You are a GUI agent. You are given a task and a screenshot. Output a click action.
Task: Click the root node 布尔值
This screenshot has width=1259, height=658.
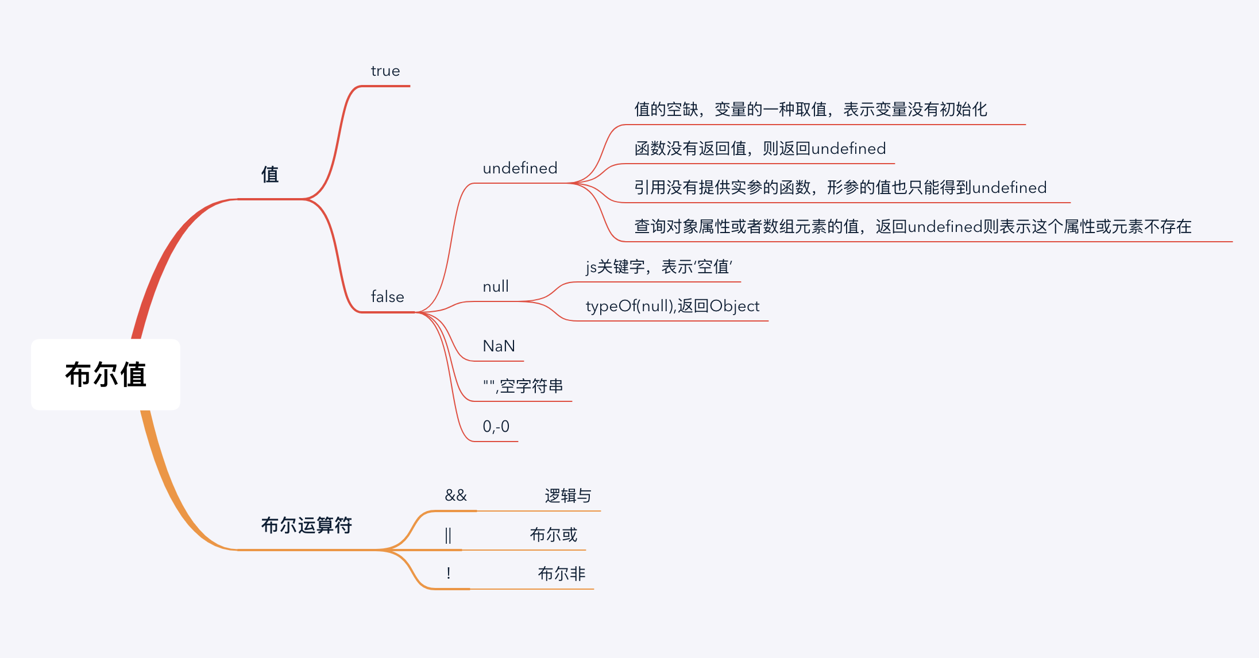[106, 374]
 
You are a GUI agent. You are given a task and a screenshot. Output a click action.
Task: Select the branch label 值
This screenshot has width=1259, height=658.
[270, 175]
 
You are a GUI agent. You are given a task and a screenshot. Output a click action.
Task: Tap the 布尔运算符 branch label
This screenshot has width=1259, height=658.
[306, 525]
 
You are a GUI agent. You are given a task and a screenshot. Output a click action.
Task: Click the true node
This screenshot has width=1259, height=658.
[385, 71]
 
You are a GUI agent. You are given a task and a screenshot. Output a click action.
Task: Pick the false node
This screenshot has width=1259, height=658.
[388, 297]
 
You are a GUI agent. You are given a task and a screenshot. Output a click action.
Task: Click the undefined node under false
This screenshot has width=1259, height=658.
[520, 168]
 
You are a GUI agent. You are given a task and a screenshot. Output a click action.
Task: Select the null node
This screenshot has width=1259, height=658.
[496, 287]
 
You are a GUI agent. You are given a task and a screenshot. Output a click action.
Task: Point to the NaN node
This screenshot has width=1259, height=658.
[499, 346]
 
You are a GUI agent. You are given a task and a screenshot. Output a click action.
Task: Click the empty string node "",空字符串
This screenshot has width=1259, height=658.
[523, 386]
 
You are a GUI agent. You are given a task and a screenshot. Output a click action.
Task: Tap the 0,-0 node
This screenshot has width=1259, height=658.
[496, 427]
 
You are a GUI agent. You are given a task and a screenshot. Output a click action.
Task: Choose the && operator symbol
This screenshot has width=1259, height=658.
[456, 496]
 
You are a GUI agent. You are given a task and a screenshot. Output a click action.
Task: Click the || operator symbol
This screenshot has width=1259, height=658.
[448, 535]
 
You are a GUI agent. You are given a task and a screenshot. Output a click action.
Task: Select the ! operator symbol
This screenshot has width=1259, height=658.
[448, 573]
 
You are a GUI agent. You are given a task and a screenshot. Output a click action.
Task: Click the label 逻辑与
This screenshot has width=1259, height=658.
[567, 496]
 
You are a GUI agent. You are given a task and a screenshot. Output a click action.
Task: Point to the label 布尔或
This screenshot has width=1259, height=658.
[553, 535]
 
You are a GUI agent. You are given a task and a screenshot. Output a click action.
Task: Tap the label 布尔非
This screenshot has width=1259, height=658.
[561, 574]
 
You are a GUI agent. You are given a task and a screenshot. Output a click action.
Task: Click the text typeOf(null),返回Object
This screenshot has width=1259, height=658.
[672, 306]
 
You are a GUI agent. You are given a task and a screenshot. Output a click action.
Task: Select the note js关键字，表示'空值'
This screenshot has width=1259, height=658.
[659, 267]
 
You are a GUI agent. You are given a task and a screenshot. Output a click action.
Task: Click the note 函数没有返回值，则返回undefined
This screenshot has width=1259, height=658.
[760, 149]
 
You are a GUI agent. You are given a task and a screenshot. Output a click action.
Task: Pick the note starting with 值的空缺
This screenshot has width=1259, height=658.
[810, 109]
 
